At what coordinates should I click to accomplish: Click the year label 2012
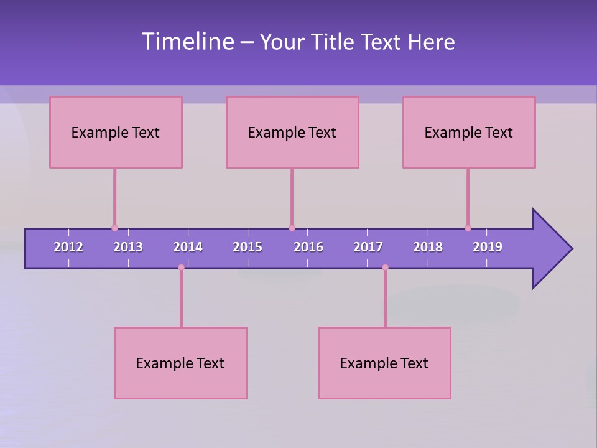click(68, 247)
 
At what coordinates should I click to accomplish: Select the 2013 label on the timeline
click(128, 247)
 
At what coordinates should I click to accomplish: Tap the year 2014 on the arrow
click(188, 247)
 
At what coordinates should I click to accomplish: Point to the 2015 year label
click(248, 247)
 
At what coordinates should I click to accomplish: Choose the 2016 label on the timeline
click(308, 247)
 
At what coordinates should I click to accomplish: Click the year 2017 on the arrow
click(368, 247)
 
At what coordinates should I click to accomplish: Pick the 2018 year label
click(428, 247)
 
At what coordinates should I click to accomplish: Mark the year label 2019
click(488, 247)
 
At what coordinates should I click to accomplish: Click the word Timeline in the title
click(188, 42)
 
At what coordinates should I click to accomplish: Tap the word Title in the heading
click(333, 42)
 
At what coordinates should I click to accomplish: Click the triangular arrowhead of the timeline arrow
click(551, 249)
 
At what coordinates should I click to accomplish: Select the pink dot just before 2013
click(114, 228)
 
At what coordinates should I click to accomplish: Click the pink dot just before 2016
click(292, 228)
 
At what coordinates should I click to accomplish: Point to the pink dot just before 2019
click(468, 228)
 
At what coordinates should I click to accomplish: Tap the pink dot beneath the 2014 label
click(181, 268)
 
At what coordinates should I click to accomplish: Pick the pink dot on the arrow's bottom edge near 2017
click(385, 268)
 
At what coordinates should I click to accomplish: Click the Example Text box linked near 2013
click(116, 132)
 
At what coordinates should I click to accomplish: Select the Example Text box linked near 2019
click(469, 132)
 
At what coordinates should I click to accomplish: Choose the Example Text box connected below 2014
click(180, 363)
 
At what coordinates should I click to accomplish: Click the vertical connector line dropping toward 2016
click(292, 197)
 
